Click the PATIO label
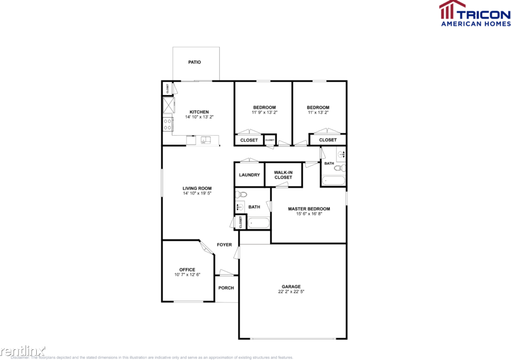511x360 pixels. [194, 62]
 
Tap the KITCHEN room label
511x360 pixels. [199, 112]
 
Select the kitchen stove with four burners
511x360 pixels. [168, 124]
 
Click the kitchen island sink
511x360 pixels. [205, 139]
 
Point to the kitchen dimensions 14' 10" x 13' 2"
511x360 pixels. [199, 117]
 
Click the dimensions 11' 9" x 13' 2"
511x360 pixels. [264, 112]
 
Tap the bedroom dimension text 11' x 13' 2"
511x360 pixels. [318, 112]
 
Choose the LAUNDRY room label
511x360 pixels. [249, 175]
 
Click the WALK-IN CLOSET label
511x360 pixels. [283, 175]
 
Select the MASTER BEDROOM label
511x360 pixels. [309, 209]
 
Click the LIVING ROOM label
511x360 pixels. [197, 188]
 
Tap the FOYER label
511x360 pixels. [224, 245]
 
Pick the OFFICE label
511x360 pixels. [187, 270]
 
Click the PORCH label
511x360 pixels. [226, 288]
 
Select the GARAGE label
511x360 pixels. [291, 287]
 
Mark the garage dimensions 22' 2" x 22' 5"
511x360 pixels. [291, 292]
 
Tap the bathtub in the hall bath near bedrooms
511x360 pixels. [333, 181]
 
